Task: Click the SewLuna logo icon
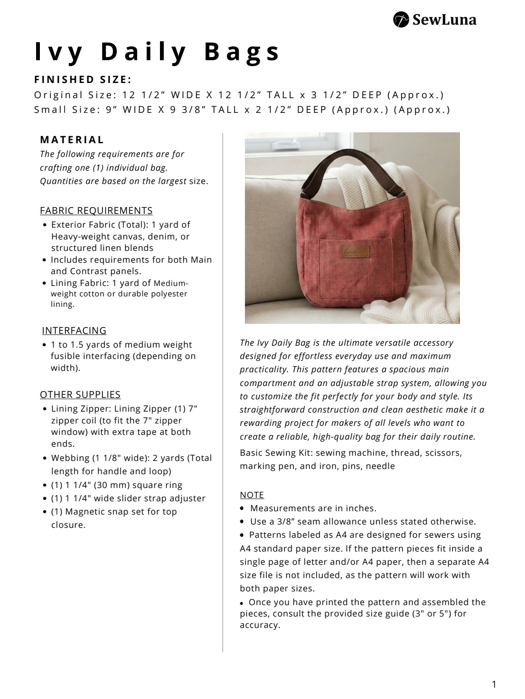[x=402, y=20]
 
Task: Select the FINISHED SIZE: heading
[x=83, y=79]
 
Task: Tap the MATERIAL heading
[x=72, y=140]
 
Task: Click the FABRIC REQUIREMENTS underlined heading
[x=96, y=211]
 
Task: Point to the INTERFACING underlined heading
[x=74, y=331]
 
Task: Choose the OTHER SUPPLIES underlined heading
[x=80, y=395]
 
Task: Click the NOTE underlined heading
[x=252, y=495]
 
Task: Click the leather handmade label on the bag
[x=352, y=253]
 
